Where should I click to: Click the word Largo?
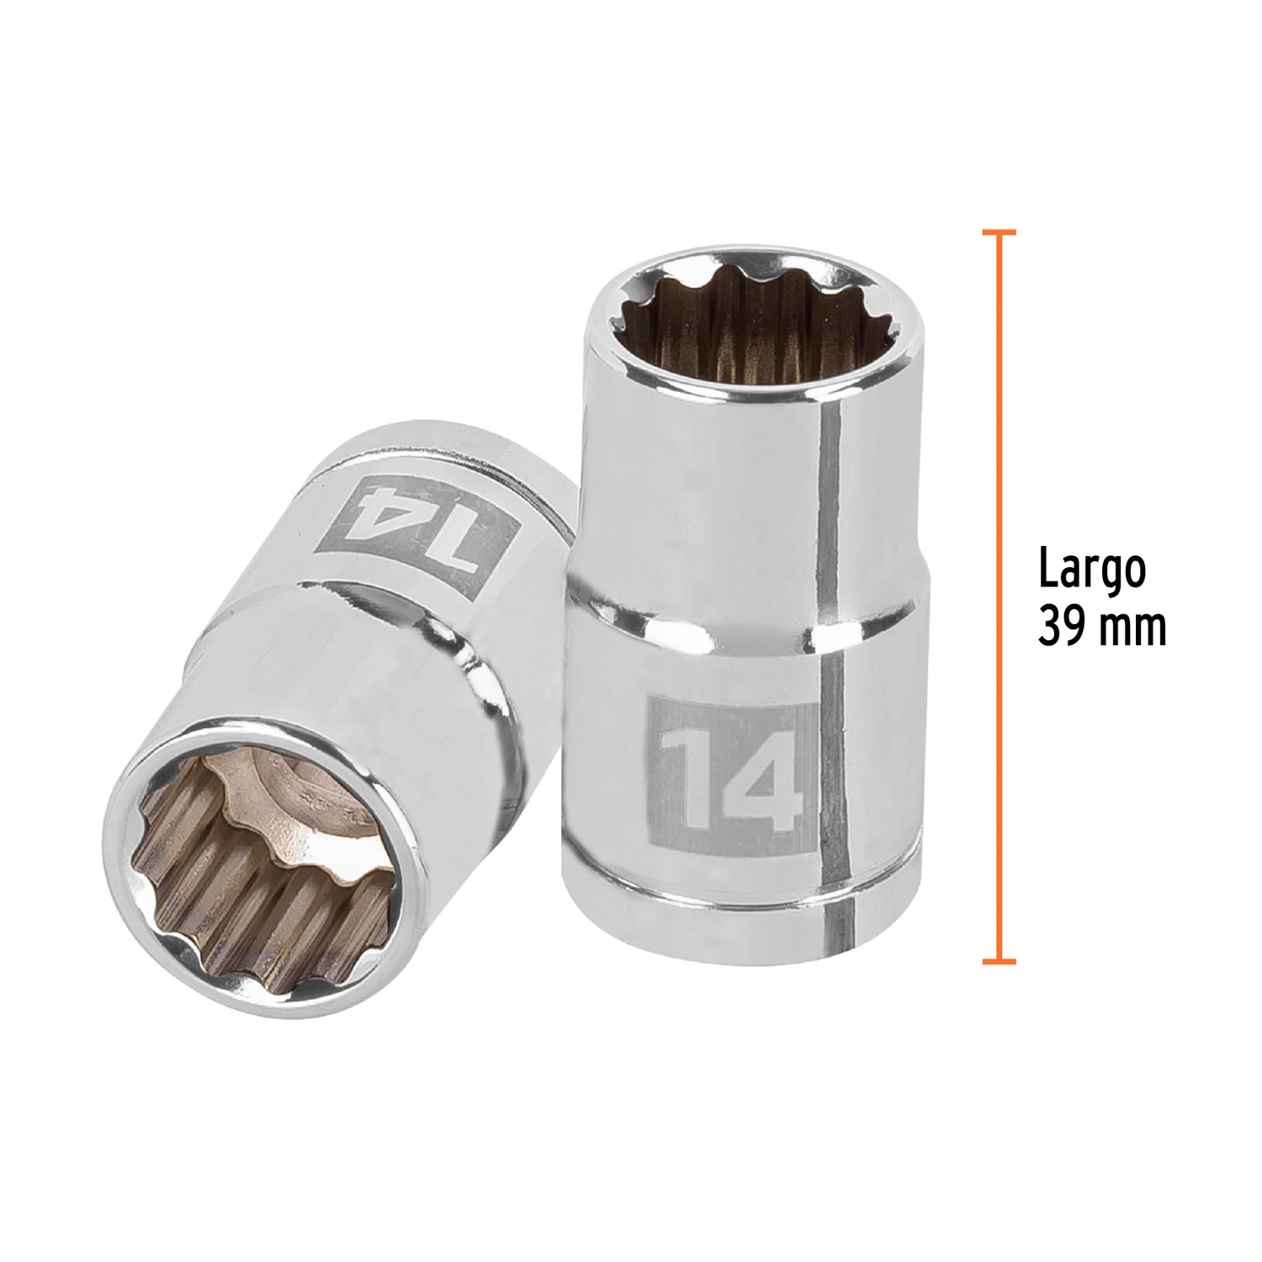coord(1092,571)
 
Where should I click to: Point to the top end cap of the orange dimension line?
coord(1000,231)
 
